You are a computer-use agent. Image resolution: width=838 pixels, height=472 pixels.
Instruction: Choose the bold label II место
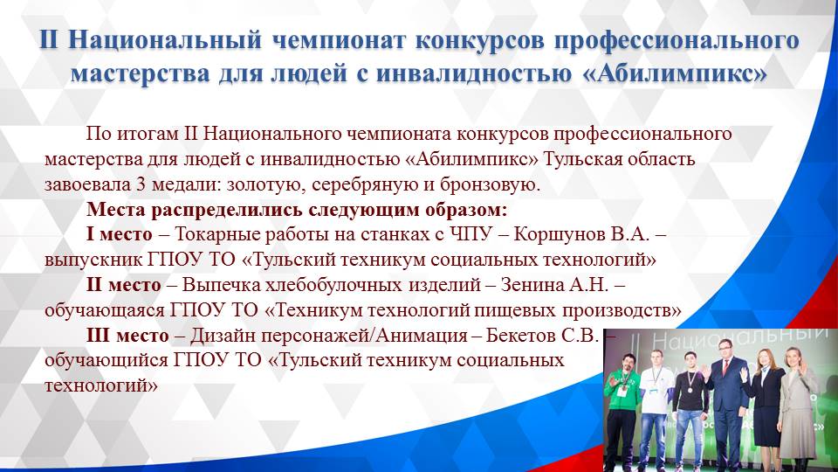(x=123, y=286)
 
